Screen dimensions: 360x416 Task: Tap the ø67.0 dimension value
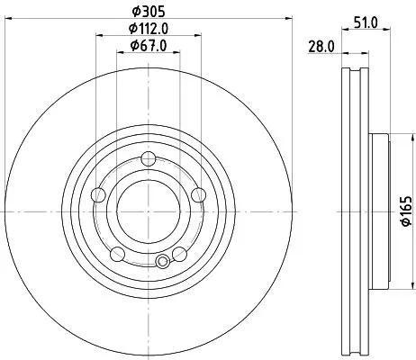coord(149,45)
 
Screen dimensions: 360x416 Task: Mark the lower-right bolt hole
coord(179,252)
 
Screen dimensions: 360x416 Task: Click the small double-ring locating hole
coord(161,262)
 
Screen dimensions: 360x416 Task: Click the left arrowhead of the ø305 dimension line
coord(6,18)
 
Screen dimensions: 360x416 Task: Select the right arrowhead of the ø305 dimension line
coord(290,18)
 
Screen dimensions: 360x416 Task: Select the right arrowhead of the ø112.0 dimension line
coord(199,36)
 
